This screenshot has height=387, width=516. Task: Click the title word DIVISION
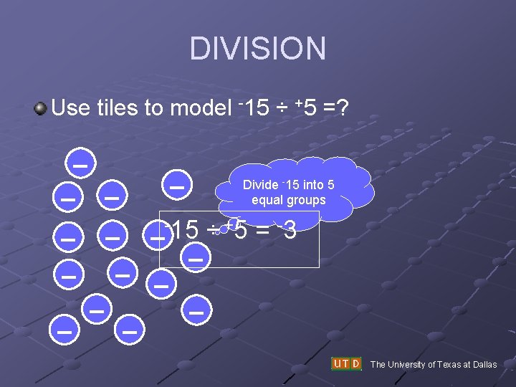point(258,49)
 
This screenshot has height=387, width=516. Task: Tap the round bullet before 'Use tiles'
point(41,109)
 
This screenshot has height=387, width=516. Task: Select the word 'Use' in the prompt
point(70,108)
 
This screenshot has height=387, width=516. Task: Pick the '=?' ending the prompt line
point(335,108)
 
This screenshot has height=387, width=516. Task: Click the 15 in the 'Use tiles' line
point(256,108)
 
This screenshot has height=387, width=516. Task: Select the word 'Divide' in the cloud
point(261,185)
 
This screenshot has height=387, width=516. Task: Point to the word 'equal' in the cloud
point(267,200)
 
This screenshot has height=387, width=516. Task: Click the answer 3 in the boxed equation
point(290,231)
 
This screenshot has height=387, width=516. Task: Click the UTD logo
point(346,363)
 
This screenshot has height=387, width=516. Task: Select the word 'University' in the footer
point(416,365)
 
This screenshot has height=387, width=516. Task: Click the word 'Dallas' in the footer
point(484,365)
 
